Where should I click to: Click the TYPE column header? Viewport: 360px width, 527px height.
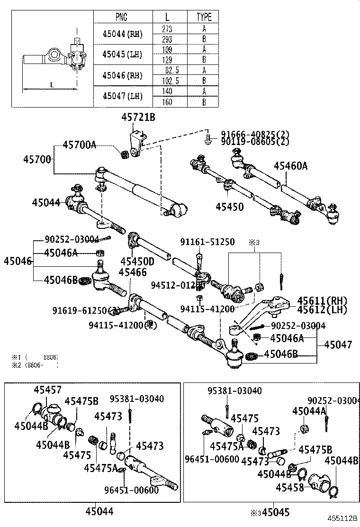(x=204, y=17)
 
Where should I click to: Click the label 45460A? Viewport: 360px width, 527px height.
(x=290, y=165)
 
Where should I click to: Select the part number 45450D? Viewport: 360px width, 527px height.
(x=137, y=261)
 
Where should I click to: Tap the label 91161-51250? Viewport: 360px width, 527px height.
(x=207, y=242)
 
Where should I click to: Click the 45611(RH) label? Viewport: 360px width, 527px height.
(x=322, y=301)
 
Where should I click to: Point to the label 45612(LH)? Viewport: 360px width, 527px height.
(x=322, y=310)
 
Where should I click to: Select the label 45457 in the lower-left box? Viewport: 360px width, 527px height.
(x=47, y=390)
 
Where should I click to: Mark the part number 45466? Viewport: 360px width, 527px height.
(x=133, y=272)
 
